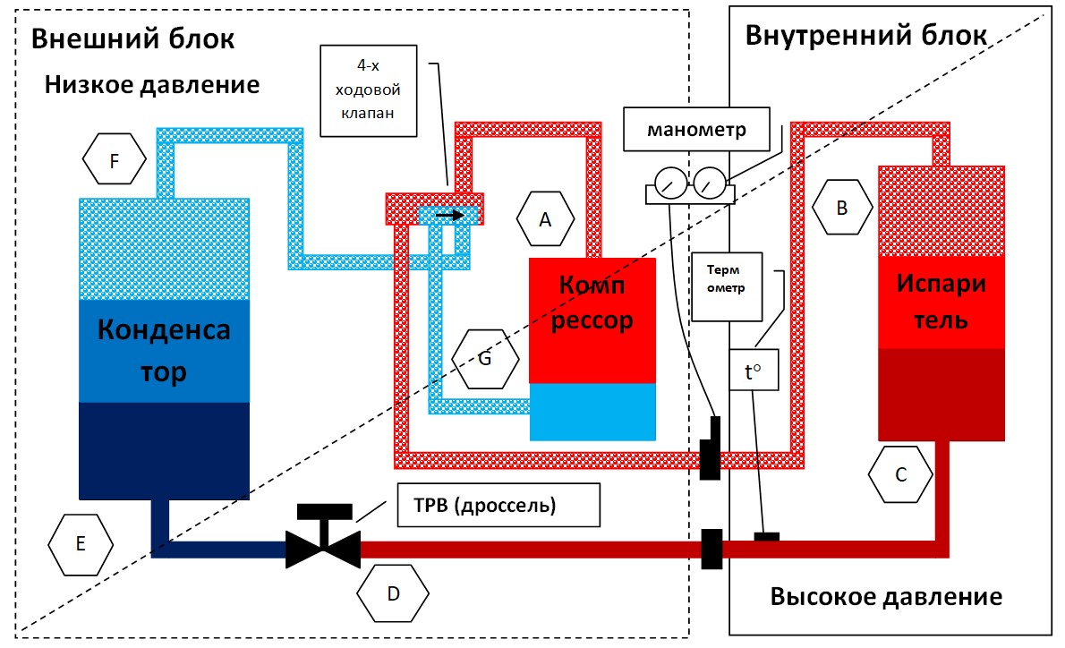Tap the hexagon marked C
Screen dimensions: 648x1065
click(x=901, y=474)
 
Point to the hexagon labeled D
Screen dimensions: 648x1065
click(x=393, y=594)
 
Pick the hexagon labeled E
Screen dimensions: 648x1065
click(x=81, y=543)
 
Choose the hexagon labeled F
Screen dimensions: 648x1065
click(x=114, y=161)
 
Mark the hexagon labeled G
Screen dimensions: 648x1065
click(x=485, y=359)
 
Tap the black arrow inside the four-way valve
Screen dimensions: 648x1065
click(x=450, y=215)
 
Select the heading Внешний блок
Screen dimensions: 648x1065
click(x=132, y=39)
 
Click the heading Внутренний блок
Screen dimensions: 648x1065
click(x=865, y=36)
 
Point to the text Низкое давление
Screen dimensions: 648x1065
click(x=152, y=85)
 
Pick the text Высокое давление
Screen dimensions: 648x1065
click(x=886, y=597)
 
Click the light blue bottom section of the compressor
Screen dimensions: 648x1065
click(x=592, y=412)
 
